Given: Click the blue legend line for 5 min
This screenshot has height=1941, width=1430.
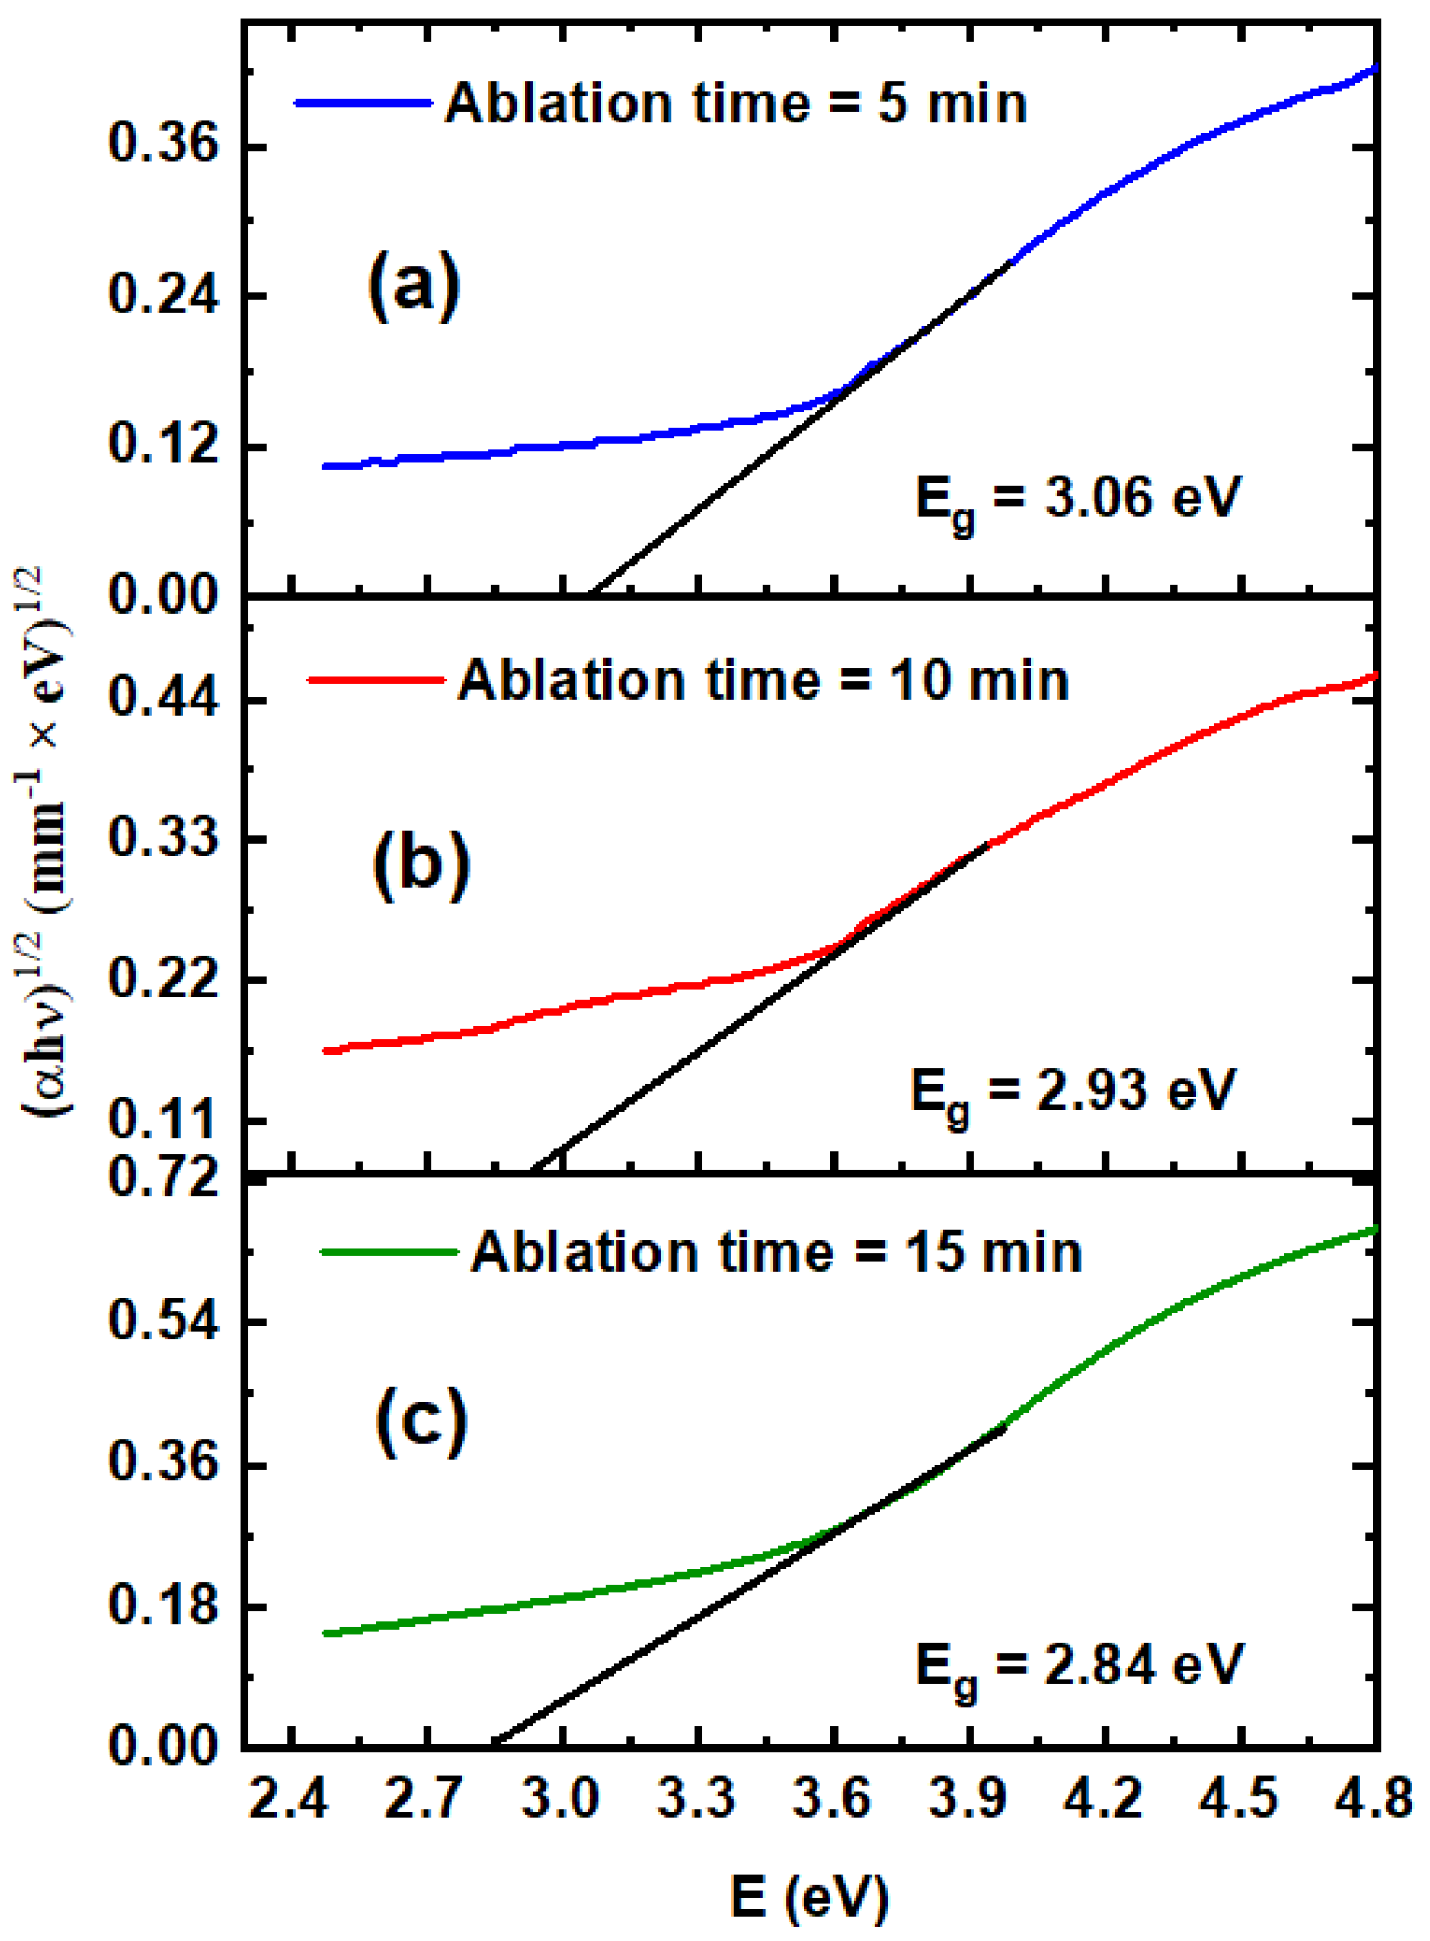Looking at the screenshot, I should click(x=363, y=103).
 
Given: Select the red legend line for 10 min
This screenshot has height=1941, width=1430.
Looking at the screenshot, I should click(x=376, y=679).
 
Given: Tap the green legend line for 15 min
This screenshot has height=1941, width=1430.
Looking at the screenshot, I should click(x=389, y=1251).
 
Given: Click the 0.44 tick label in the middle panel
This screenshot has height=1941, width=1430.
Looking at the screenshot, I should click(x=163, y=698).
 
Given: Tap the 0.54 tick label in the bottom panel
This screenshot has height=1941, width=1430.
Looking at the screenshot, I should click(x=163, y=1320).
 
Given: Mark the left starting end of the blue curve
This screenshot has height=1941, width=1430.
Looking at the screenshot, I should click(x=324, y=466).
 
